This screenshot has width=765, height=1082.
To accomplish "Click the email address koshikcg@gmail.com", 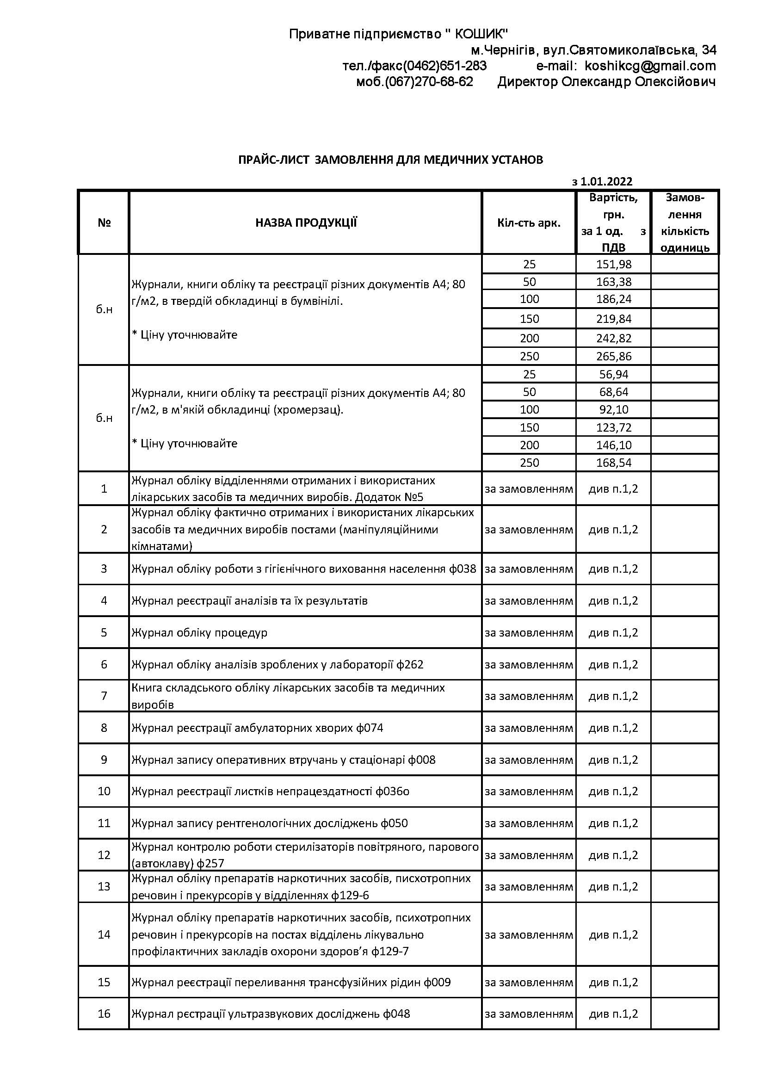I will pyautogui.click(x=650, y=66).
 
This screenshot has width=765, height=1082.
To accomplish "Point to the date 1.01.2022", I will pyautogui.click(x=606, y=181).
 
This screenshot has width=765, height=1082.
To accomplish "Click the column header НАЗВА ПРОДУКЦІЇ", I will pyautogui.click(x=306, y=223).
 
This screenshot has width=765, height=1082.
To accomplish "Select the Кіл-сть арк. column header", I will pyautogui.click(x=529, y=223).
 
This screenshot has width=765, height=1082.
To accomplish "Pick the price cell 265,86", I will pyautogui.click(x=613, y=356).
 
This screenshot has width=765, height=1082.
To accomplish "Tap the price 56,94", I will pyautogui.click(x=613, y=374).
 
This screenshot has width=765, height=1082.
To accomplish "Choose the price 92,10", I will pyautogui.click(x=613, y=409).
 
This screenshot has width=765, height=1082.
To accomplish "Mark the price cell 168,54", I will pyautogui.click(x=613, y=463).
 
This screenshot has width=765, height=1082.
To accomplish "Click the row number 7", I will pyautogui.click(x=104, y=696).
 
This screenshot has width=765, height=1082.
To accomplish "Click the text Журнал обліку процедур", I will pyautogui.click(x=199, y=632).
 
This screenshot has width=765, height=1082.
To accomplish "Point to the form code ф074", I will pyautogui.click(x=370, y=728).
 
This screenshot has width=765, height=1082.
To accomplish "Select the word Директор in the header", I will pyautogui.click(x=527, y=81).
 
